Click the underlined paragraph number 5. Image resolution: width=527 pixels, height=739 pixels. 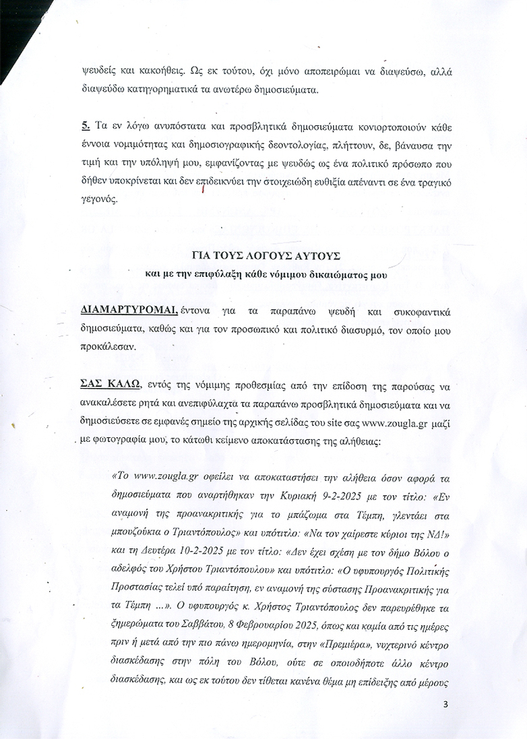(86, 125)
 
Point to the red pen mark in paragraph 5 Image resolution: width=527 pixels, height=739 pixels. (202, 191)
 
